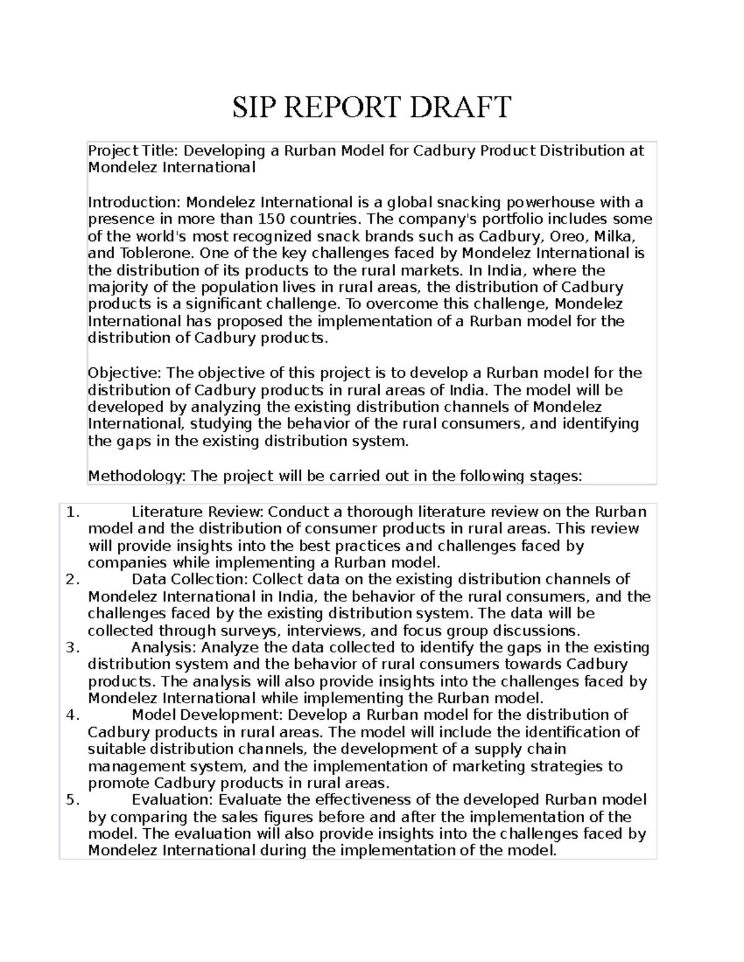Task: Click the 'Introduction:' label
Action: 135,202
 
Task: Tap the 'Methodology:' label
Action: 136,476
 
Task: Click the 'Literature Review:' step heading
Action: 198,512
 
